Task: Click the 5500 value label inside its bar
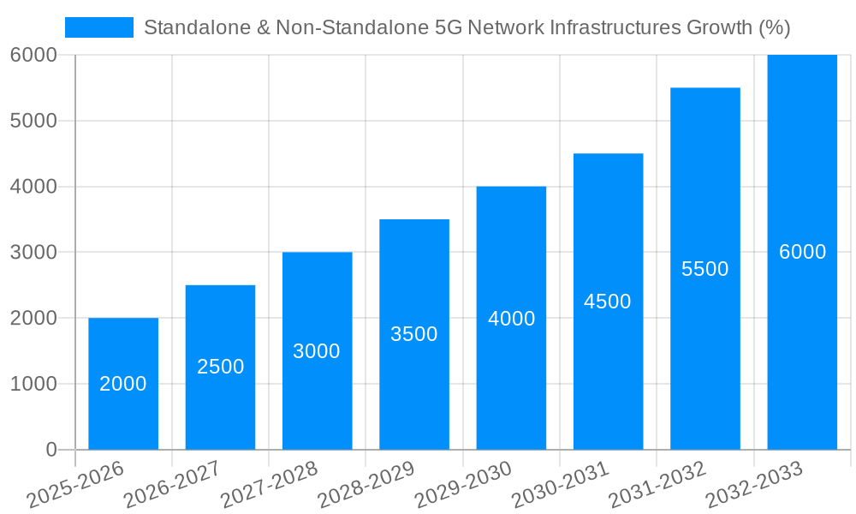point(704,269)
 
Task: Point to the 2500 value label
point(220,367)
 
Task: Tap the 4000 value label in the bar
point(511,319)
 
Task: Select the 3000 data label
point(317,351)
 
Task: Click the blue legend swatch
point(99,27)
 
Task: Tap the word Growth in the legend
point(720,27)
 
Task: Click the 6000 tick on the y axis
point(33,55)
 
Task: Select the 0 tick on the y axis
point(51,450)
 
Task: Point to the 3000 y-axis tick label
point(33,253)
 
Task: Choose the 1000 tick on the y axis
point(33,384)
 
